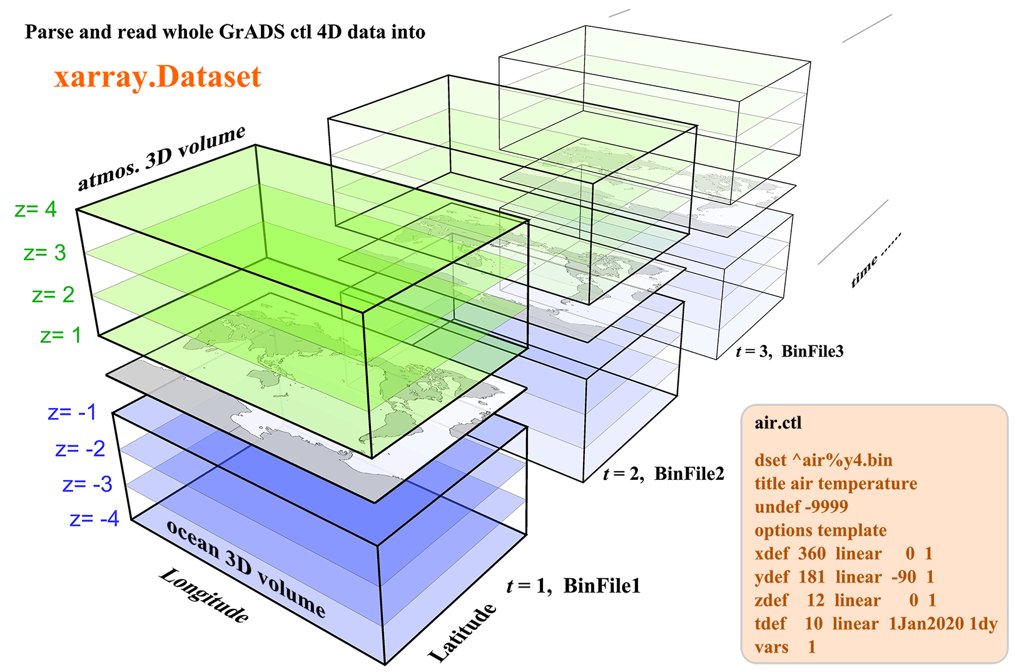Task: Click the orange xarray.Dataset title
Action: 158,77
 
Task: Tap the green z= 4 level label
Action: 36,209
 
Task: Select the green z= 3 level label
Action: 44,253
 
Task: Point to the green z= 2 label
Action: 53,295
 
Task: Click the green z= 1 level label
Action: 61,335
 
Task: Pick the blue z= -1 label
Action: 72,412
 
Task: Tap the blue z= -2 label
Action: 80,449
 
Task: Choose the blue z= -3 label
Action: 88,484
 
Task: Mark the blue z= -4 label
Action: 94,519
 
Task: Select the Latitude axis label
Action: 463,633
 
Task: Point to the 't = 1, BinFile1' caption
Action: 573,586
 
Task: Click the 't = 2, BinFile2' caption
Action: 663,474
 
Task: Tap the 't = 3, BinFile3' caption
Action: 789,351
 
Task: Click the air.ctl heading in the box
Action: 778,423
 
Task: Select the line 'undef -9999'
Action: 801,507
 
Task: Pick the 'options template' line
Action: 820,531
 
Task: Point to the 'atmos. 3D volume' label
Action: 161,158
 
